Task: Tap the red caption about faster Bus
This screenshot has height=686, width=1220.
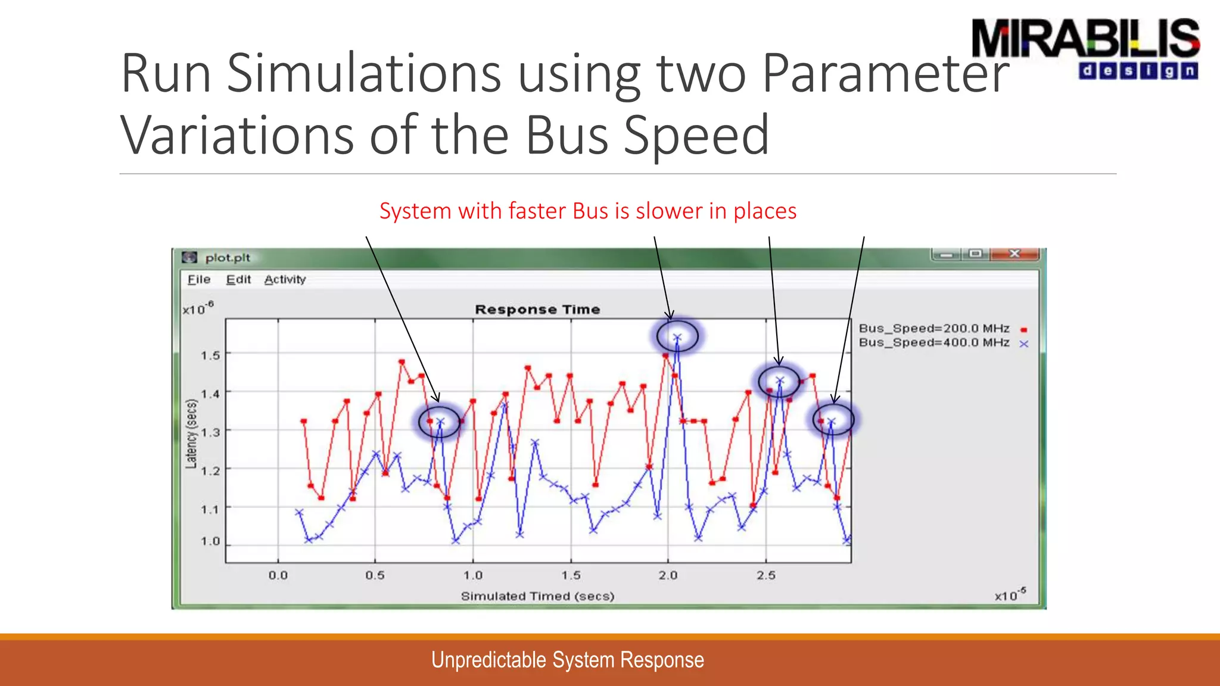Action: (587, 211)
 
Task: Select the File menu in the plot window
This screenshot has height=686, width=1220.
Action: (199, 279)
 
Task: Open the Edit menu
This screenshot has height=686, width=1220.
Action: (238, 279)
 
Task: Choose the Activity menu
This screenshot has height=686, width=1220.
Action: (285, 279)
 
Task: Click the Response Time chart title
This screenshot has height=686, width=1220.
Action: (537, 310)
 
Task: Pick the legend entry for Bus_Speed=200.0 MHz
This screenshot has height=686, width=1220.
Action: (934, 329)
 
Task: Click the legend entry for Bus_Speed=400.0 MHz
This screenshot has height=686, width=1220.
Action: (934, 343)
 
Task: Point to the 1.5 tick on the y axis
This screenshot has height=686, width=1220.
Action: (210, 356)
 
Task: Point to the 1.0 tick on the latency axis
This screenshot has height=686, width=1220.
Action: (210, 541)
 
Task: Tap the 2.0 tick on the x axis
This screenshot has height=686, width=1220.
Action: (668, 575)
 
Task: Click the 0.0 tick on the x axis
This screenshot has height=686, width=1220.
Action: (278, 575)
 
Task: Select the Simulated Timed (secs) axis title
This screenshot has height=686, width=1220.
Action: (537, 596)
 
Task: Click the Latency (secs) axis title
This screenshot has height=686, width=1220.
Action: (191, 434)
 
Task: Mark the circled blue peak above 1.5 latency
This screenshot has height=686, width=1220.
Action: (677, 337)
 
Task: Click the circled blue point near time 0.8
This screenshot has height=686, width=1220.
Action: (440, 422)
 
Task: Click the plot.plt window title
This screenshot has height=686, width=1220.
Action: (228, 258)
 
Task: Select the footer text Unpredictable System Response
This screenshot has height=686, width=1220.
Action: (567, 660)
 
